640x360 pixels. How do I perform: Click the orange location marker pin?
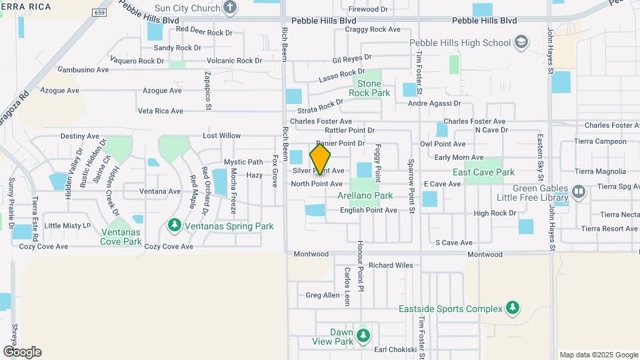[x=321, y=159]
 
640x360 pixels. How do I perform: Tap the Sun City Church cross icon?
[x=230, y=8]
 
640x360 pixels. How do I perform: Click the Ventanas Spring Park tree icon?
[x=175, y=226]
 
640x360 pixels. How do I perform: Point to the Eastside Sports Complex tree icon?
[x=512, y=308]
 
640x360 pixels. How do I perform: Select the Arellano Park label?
[x=365, y=196]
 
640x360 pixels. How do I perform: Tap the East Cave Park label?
[x=483, y=172]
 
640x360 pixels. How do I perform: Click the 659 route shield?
[x=100, y=13]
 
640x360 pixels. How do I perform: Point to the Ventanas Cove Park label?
[x=121, y=237]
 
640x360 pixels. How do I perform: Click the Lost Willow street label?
[x=222, y=136]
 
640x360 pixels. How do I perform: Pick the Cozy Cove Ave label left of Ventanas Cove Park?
[x=44, y=246]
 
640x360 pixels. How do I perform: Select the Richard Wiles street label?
[x=391, y=265]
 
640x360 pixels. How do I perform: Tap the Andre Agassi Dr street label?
[x=434, y=103]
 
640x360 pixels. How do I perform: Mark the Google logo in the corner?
[x=22, y=351]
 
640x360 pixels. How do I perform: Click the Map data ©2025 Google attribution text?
[x=598, y=355]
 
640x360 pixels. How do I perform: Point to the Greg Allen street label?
[x=323, y=295]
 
